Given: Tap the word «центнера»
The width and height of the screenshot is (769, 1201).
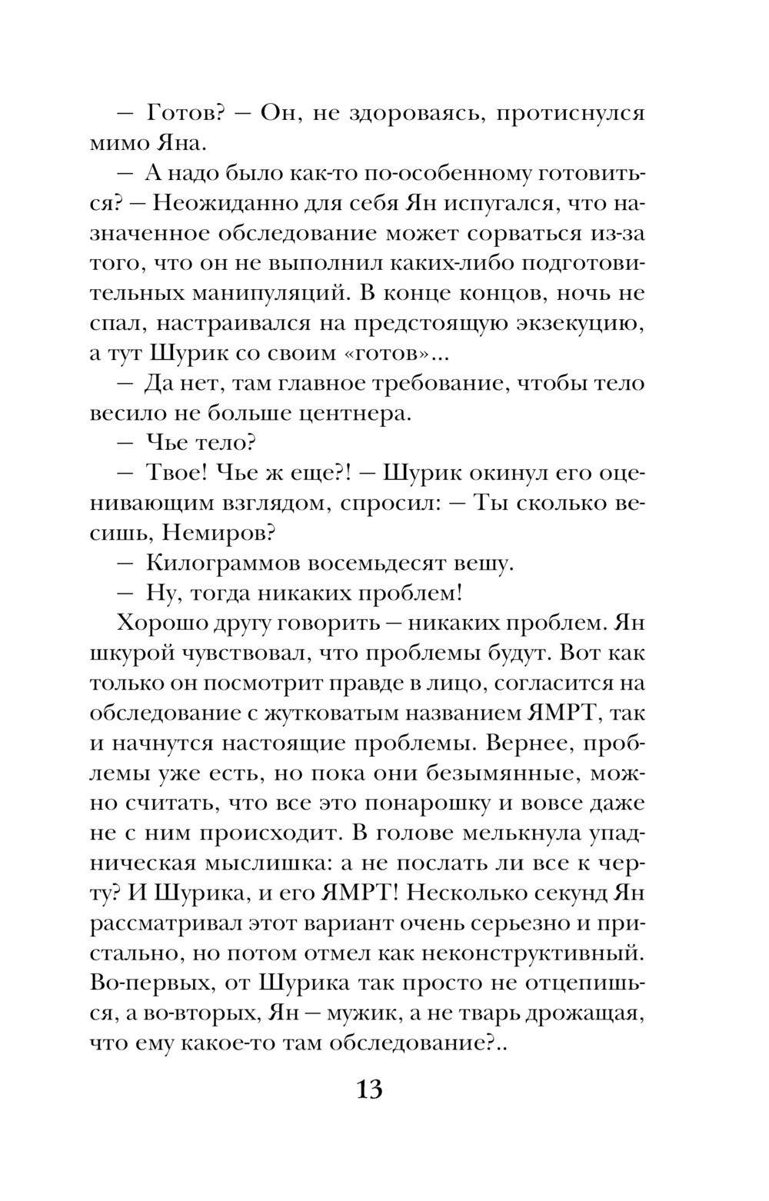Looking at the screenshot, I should [348, 414].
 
